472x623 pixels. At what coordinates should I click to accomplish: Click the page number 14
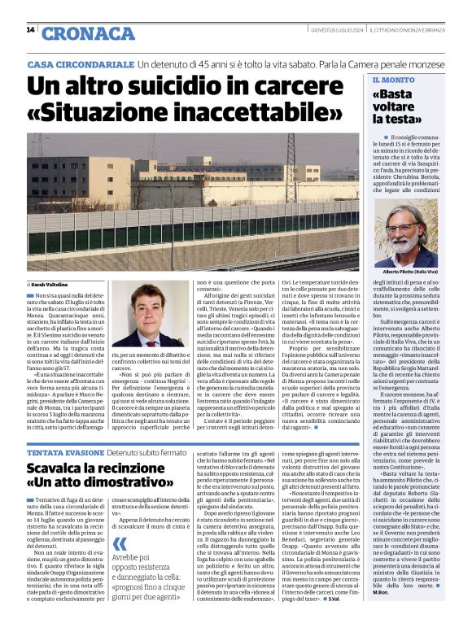(x=30, y=31)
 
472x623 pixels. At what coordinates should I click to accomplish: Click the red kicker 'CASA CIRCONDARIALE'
(x=80, y=63)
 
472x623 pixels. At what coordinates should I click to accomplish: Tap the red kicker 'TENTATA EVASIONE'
(x=57, y=451)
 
